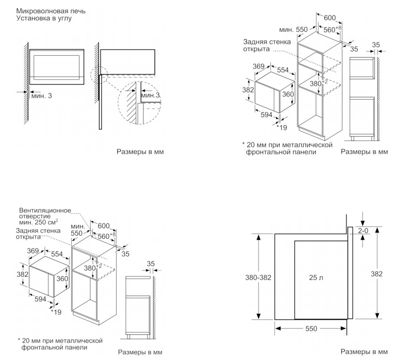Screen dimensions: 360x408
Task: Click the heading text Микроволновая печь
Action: pyautogui.click(x=50, y=11)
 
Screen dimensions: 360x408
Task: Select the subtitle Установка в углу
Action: pyautogui.click(x=44, y=18)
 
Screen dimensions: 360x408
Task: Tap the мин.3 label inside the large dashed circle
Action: pyautogui.click(x=150, y=96)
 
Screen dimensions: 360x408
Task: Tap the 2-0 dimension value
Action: pyautogui.click(x=363, y=230)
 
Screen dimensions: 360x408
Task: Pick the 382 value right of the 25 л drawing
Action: pyautogui.click(x=377, y=274)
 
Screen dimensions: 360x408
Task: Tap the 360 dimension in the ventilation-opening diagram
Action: pyautogui.click(x=62, y=279)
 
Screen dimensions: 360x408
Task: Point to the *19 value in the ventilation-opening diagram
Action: pyautogui.click(x=56, y=312)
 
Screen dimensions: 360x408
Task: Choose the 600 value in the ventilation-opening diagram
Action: pyautogui.click(x=104, y=226)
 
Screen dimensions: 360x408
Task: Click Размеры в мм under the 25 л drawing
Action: pyautogui.click(x=364, y=352)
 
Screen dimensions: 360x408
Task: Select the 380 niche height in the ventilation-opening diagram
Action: pyautogui.click(x=90, y=268)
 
